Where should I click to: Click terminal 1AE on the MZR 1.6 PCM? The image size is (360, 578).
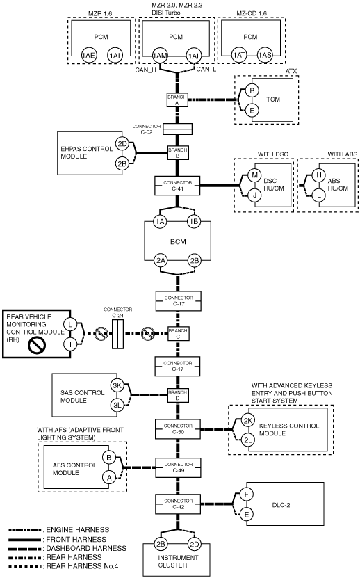click(x=88, y=56)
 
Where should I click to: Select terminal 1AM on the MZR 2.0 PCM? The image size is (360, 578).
click(x=160, y=56)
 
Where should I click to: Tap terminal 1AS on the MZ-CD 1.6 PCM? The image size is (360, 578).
click(x=265, y=55)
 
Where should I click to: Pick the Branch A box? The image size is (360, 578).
click(x=177, y=100)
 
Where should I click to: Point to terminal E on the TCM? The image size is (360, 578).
click(x=252, y=110)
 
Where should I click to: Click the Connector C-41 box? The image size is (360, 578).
click(x=177, y=186)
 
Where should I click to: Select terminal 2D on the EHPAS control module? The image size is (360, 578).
click(x=122, y=144)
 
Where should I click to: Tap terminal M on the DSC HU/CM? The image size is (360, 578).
click(x=254, y=175)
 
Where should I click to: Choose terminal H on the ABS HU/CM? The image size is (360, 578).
click(x=319, y=175)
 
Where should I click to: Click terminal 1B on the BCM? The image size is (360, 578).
click(x=194, y=222)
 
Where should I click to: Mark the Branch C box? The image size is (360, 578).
click(x=178, y=334)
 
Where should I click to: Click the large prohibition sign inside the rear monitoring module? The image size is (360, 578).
click(x=38, y=346)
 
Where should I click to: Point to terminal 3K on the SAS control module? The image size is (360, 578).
click(x=117, y=385)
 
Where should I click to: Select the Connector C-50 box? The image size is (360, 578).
click(x=178, y=428)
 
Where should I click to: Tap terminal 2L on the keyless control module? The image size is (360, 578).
click(x=248, y=440)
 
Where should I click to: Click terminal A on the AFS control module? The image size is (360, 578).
click(x=109, y=478)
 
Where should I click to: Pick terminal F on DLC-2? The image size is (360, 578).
click(x=247, y=495)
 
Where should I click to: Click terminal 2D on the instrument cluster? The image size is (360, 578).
click(x=195, y=544)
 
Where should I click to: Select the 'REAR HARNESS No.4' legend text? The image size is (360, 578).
click(x=82, y=566)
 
